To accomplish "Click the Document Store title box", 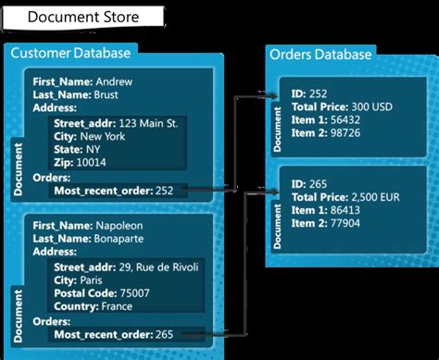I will pos(83,17).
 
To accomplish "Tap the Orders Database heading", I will pos(320,55).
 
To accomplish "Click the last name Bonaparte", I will pos(121,239).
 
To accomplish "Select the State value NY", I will pos(94,148).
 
